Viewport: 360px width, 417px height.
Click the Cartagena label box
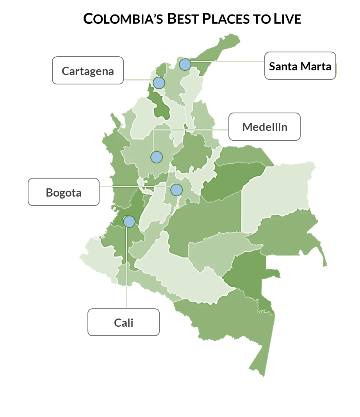click(x=88, y=70)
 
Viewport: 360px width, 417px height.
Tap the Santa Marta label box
click(x=300, y=66)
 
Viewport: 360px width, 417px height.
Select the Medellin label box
click(x=264, y=127)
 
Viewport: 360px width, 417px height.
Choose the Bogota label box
click(x=64, y=192)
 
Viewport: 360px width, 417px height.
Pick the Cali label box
click(x=123, y=322)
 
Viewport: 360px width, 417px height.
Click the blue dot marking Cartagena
click(x=159, y=83)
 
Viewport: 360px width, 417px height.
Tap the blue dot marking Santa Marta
click(x=185, y=64)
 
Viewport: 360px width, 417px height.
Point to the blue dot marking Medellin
click(x=156, y=157)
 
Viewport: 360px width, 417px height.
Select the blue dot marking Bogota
click(x=176, y=190)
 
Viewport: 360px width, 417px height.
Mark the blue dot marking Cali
click(x=129, y=222)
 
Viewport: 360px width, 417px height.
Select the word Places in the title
click(x=225, y=19)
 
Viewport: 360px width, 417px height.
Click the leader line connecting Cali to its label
click(x=127, y=274)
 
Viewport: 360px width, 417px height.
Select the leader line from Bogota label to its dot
click(x=133, y=186)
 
